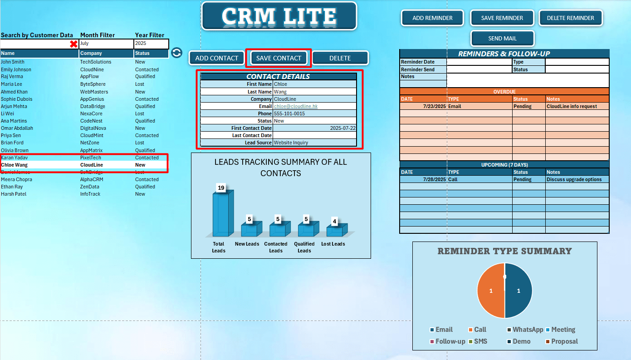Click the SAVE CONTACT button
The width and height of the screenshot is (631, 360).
(279, 58)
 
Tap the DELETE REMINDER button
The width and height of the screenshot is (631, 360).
(570, 18)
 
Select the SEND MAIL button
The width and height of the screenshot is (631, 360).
(502, 39)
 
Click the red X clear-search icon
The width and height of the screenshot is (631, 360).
(73, 44)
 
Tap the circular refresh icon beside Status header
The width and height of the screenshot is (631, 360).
(176, 53)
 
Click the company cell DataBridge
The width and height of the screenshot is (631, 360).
(92, 106)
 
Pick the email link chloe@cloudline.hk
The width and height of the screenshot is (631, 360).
(292, 106)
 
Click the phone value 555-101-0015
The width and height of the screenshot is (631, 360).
(289, 113)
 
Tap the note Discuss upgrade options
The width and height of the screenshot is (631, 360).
(574, 179)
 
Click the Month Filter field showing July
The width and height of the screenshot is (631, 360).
(106, 44)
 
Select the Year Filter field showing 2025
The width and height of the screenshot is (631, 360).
(151, 44)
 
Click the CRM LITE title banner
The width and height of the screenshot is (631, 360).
(279, 16)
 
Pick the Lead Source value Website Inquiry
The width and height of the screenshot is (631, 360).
(291, 143)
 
